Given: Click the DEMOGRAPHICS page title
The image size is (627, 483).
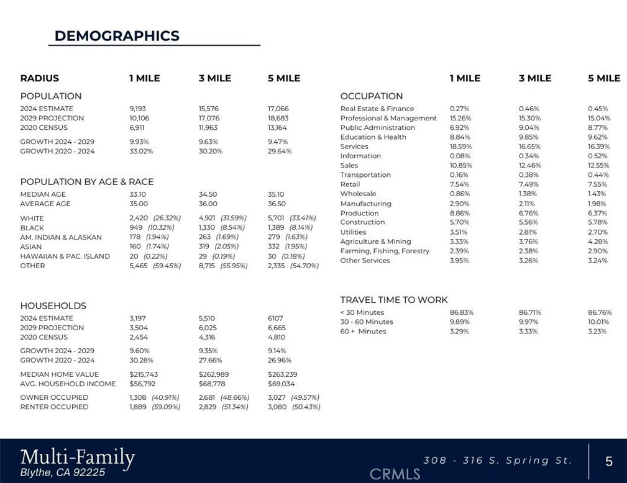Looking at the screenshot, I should pyautogui.click(x=117, y=36).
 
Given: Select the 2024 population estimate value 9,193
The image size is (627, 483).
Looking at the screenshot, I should pyautogui.click(x=137, y=109).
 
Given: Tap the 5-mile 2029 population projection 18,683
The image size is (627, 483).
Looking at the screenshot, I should pyautogui.click(x=278, y=118).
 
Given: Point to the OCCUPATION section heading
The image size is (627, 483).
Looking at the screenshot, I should pyautogui.click(x=371, y=96).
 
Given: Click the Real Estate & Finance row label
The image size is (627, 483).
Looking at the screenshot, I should pyautogui.click(x=377, y=109).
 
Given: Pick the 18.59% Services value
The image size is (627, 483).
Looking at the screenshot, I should pyautogui.click(x=460, y=147).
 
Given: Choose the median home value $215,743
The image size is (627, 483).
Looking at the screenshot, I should pyautogui.click(x=144, y=374).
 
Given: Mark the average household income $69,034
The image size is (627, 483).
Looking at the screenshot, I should pyautogui.click(x=281, y=384).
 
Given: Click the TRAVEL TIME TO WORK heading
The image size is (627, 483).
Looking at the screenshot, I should pyautogui.click(x=393, y=300).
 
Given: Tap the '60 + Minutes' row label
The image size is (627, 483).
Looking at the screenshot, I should pyautogui.click(x=363, y=332).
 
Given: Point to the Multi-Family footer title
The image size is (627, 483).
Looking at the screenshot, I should pyautogui.click(x=77, y=458).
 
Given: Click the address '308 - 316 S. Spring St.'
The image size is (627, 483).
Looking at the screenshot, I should pyautogui.click(x=497, y=461).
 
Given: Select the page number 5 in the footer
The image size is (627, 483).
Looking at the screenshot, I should pyautogui.click(x=608, y=461).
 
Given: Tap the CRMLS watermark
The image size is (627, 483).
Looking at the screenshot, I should pyautogui.click(x=395, y=474).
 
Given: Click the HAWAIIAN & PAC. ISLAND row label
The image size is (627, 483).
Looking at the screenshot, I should pyautogui.click(x=65, y=256).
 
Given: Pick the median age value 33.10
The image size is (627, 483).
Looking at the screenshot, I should pyautogui.click(x=138, y=194).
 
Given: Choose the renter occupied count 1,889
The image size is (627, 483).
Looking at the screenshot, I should pyautogui.click(x=138, y=407).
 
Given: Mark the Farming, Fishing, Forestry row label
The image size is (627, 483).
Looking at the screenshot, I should pyautogui.click(x=385, y=251).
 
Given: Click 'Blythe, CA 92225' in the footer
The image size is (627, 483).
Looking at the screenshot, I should pyautogui.click(x=63, y=472).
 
